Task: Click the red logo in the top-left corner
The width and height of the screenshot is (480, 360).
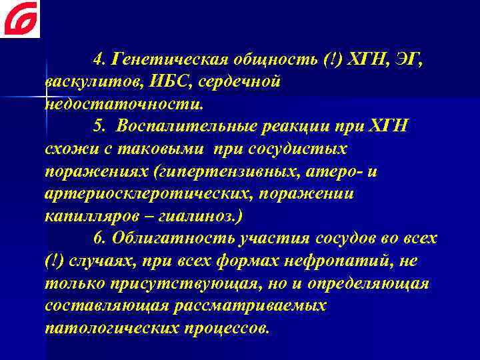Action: [20, 19]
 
